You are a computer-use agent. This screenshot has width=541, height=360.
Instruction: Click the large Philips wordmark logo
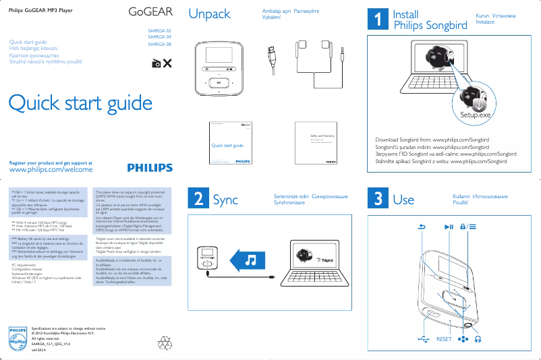click(149, 168)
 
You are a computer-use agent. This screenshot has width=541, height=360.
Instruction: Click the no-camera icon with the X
click(161, 63)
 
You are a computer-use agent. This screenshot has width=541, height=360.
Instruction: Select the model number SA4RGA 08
click(159, 44)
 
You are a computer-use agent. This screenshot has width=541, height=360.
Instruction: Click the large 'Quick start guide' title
click(80, 103)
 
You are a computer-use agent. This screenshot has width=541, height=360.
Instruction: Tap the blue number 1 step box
click(376, 20)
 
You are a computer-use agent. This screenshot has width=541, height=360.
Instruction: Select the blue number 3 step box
click(376, 199)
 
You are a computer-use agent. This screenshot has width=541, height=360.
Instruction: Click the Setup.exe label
click(475, 115)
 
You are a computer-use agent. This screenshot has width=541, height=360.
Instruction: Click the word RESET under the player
click(444, 339)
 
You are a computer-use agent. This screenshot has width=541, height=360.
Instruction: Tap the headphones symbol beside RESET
click(478, 339)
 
